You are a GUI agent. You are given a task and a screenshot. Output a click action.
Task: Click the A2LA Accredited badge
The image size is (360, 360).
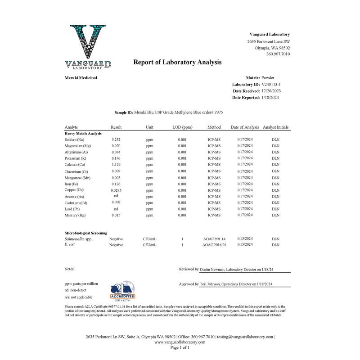tap(122, 292)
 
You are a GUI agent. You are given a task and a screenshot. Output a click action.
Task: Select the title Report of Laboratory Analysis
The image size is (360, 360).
tap(177, 63)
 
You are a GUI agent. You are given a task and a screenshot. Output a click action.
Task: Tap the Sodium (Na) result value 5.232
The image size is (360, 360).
tap(116, 140)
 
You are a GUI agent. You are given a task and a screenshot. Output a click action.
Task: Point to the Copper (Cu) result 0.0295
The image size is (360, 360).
tap(116, 190)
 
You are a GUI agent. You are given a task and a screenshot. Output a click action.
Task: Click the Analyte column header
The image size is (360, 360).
tap(72, 127)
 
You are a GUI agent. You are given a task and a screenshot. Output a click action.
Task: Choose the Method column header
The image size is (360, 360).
tap(214, 127)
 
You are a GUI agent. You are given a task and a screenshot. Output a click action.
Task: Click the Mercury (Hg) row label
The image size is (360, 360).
tap(75, 216)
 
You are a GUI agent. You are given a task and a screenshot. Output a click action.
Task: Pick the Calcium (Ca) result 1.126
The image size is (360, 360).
tap(116, 165)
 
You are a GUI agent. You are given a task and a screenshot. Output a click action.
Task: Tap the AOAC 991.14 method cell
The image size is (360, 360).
tap(214, 239)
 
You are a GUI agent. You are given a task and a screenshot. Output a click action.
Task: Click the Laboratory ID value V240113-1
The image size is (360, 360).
tap(270, 84)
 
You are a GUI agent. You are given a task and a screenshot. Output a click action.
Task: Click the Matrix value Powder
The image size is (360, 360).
tap(268, 77)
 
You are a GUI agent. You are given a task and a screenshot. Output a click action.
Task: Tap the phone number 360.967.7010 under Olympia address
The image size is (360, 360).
tap(278, 54)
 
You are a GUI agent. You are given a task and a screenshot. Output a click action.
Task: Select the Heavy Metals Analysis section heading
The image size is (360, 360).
tap(83, 134)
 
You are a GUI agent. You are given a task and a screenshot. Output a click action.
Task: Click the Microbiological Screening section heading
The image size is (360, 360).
tap(86, 233)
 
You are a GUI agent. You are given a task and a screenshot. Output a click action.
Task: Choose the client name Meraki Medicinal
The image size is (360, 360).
tap(81, 78)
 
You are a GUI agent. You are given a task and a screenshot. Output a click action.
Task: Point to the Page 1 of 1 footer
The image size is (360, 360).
tap(180, 348)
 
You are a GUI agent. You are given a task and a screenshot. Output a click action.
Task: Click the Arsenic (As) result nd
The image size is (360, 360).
tap(116, 196)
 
